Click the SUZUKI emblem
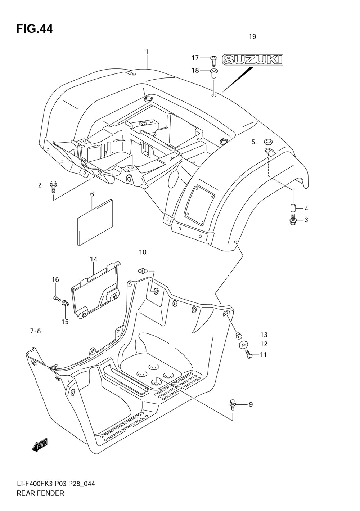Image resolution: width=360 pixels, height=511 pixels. coord(252,59)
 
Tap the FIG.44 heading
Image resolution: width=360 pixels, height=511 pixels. coord(34,29)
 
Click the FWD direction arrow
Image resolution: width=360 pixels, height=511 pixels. coord(40,446)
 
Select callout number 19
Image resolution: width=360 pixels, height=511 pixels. coord(252,36)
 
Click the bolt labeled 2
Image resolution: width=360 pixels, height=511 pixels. coord(54,186)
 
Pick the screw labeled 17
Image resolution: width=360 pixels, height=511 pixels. coord(213,59)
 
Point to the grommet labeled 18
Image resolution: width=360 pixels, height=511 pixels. coord(213,73)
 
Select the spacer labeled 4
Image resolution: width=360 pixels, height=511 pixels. coord(293,209)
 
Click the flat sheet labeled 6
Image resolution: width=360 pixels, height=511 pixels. coord(95,222)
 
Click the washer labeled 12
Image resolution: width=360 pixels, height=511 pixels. coord(242,344)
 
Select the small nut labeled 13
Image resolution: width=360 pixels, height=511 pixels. coord(238,335)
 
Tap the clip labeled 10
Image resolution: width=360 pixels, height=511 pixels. coord(143,270)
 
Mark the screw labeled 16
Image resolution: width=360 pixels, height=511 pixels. coord(56,298)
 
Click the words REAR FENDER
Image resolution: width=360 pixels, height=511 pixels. coord(40,493)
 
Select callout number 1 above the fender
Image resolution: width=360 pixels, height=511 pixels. coord(147,52)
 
